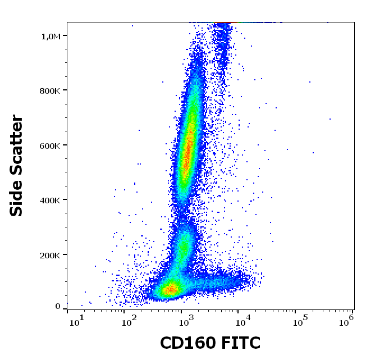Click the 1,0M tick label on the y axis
pos(51,36)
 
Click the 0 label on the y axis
pos(58,306)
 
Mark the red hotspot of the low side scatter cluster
pos(169,290)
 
